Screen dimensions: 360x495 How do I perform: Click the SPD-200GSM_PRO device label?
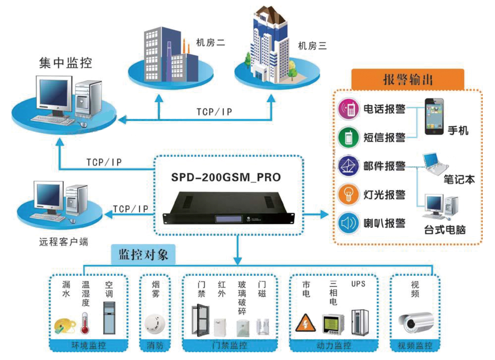tap(226, 177)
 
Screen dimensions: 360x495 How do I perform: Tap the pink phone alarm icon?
tap(348, 109)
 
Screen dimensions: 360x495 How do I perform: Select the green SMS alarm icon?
tap(348, 137)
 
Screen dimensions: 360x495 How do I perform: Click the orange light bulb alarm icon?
tap(348, 194)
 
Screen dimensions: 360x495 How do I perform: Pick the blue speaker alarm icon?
tap(348, 223)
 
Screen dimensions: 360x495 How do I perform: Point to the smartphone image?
tap(434, 116)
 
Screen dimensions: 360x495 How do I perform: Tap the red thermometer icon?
tap(85, 323)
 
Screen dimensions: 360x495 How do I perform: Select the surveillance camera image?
tap(416, 322)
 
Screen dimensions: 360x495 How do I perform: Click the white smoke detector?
tap(155, 323)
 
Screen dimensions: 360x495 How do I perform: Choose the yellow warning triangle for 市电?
tap(305, 322)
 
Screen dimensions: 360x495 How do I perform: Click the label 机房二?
tap(210, 43)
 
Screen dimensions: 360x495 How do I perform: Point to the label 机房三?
tap(312, 46)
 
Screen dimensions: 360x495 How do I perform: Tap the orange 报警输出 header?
tap(408, 80)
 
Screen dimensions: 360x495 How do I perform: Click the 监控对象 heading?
tap(143, 255)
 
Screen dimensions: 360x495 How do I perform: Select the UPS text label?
tap(358, 284)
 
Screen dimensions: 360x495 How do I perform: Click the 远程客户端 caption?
tap(63, 242)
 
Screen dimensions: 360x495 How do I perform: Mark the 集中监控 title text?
tap(65, 63)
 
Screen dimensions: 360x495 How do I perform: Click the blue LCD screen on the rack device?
tap(228, 219)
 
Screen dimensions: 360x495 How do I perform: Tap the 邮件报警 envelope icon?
tap(348, 166)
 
